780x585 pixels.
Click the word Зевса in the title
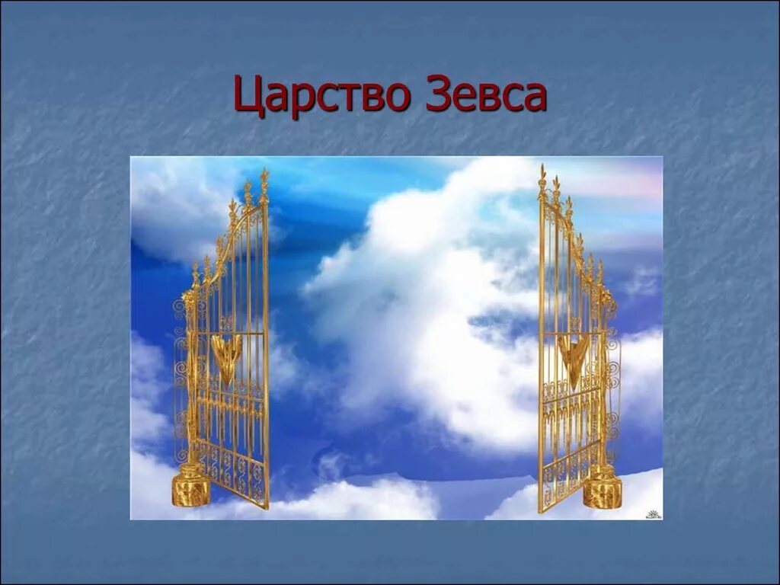(486, 94)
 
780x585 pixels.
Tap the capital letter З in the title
(437, 94)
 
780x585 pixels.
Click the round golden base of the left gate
(190, 488)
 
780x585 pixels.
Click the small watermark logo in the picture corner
(654, 513)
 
